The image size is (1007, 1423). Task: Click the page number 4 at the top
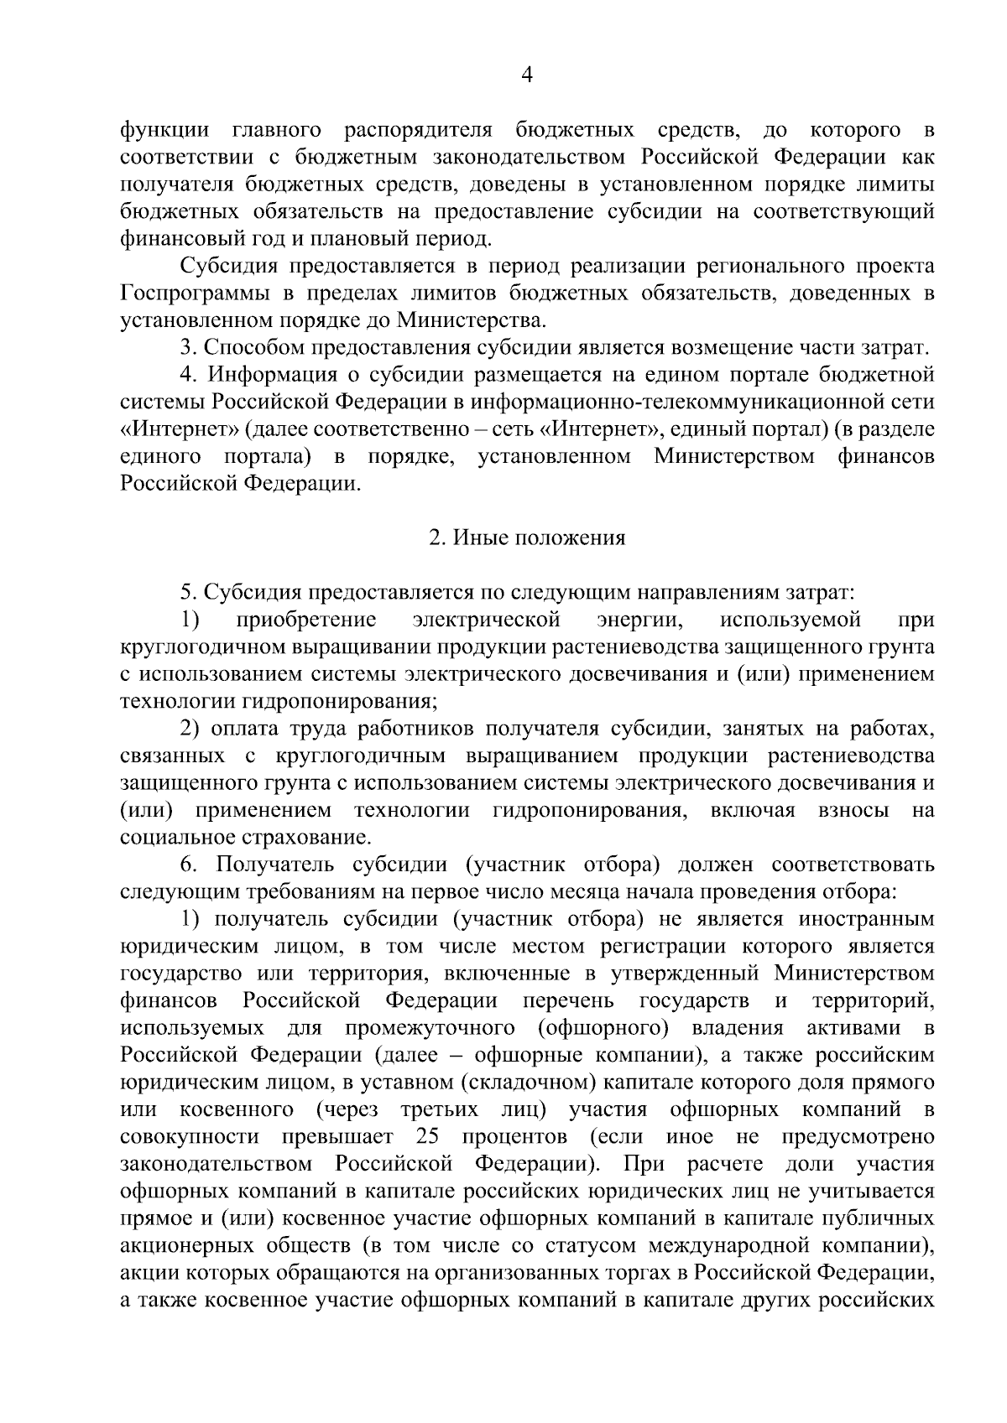tap(527, 75)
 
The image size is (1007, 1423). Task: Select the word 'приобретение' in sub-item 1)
tap(306, 621)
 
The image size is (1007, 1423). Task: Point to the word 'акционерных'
tap(190, 1246)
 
